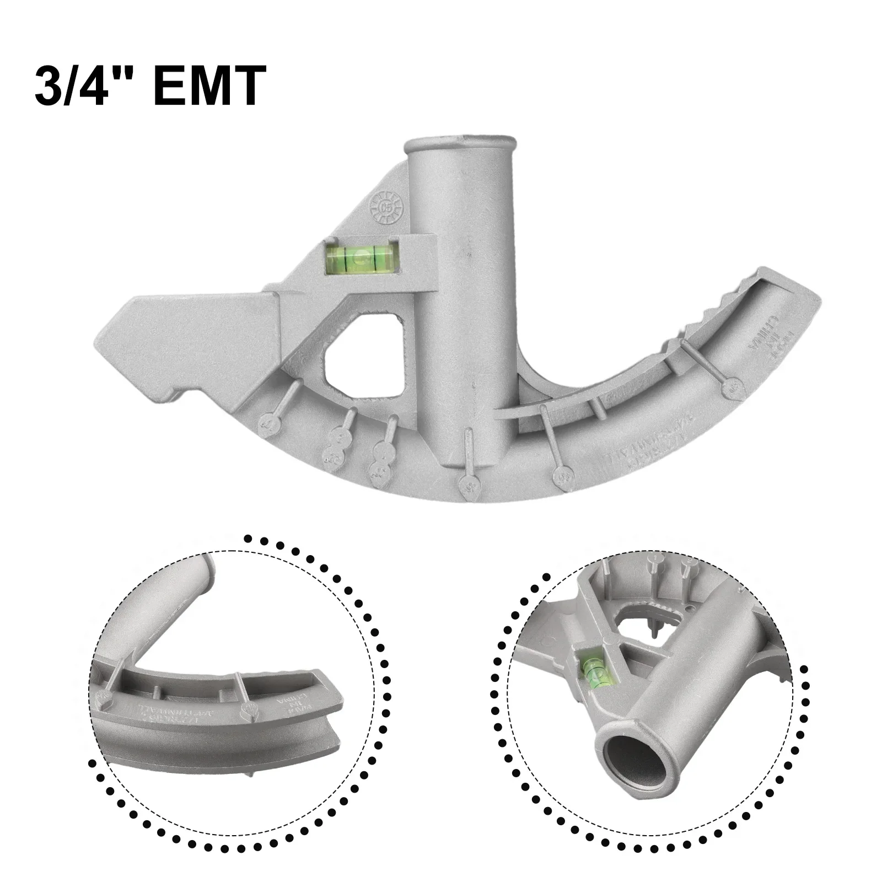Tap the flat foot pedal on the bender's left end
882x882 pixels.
pyautogui.click(x=187, y=331)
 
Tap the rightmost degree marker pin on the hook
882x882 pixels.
pyautogui.click(x=732, y=388)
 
